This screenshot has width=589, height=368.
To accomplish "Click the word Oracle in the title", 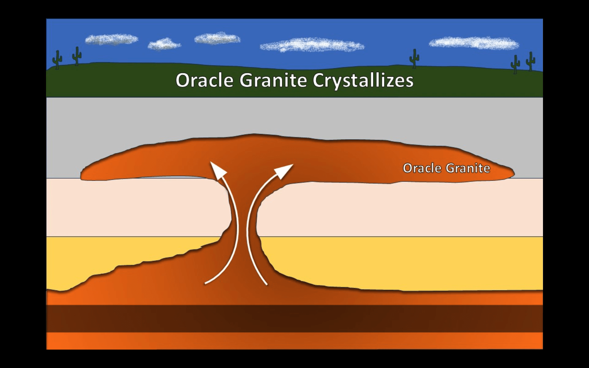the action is point(204,80).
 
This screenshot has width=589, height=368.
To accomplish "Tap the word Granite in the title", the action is point(273,80).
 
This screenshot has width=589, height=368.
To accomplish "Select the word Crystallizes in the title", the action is point(363,81).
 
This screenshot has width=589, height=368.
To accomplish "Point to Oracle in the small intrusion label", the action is point(422,168).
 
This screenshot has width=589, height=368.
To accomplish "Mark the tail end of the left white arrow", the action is point(206,283).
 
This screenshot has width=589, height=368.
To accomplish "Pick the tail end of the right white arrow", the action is point(267,284).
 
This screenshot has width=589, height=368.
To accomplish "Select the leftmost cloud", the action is point(111,39).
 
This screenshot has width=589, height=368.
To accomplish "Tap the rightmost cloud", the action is point(474,43).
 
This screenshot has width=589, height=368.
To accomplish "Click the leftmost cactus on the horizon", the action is point(57,59).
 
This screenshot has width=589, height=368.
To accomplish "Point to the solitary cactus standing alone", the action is point(414,58).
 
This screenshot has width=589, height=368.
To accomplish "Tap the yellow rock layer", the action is point(399,264).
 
